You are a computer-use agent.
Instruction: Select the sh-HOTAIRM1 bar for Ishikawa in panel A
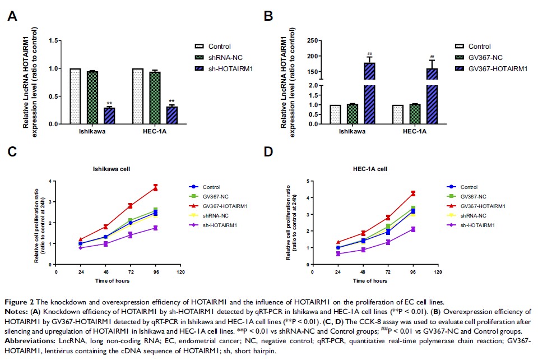(109, 116)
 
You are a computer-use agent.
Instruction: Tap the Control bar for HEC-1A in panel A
(138, 96)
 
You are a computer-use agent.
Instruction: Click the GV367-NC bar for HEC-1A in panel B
(415, 113)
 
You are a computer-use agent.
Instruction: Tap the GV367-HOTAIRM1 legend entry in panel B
(498, 68)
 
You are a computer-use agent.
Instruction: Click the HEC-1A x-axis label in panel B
(415, 131)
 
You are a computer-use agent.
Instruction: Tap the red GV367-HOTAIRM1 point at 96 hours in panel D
(413, 193)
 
